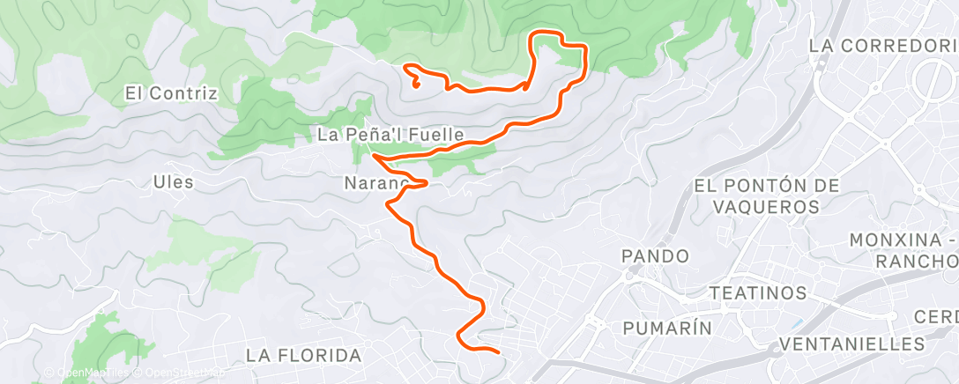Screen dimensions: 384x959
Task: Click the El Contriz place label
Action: click(x=171, y=92)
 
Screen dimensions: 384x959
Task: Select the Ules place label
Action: click(x=173, y=182)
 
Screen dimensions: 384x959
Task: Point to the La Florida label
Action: click(x=304, y=356)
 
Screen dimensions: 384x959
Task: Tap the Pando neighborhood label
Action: click(x=655, y=255)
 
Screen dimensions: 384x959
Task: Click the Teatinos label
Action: click(x=759, y=292)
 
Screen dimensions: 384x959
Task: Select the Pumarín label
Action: click(x=667, y=328)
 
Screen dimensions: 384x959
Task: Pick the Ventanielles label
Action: click(x=851, y=343)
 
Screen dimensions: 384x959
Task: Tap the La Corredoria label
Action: click(x=882, y=44)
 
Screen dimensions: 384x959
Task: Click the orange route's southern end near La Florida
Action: click(x=498, y=352)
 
